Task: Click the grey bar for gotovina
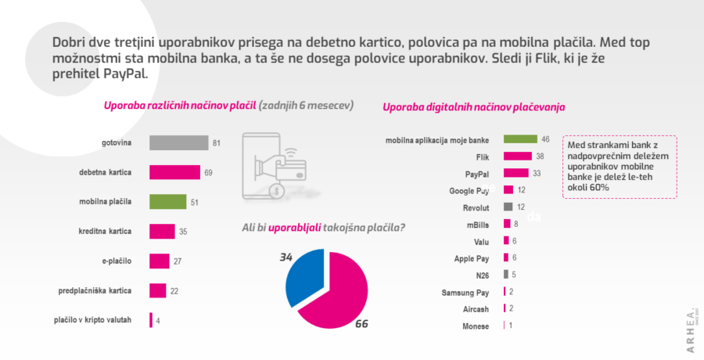pyautogui.click(x=178, y=142)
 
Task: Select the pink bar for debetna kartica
pyautogui.click(x=174, y=172)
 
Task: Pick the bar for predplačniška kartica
pyautogui.click(x=157, y=290)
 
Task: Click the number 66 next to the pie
pyautogui.click(x=361, y=323)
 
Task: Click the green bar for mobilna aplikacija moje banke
pyautogui.click(x=520, y=139)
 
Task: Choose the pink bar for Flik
pyautogui.click(x=517, y=157)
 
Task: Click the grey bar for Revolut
pyautogui.click(x=508, y=207)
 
